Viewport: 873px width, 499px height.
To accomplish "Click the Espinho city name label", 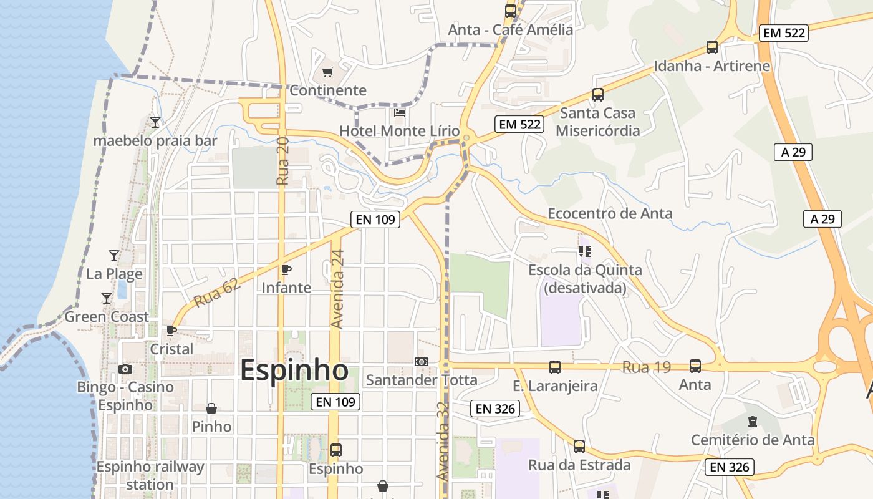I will [294, 370].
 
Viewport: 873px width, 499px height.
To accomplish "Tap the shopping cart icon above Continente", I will [328, 72].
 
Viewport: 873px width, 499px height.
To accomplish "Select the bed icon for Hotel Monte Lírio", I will [400, 113].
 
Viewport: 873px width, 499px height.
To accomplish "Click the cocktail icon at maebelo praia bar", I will [155, 122].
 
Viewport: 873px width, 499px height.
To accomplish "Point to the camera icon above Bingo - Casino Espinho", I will [125, 369].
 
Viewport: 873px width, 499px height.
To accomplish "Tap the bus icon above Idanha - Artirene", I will [712, 47].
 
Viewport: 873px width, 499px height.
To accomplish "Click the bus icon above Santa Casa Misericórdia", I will [598, 95].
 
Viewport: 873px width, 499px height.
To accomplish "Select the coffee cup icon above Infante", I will [286, 269].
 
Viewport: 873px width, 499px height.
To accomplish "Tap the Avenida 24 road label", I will [337, 289].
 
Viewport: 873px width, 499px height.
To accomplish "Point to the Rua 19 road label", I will [647, 367].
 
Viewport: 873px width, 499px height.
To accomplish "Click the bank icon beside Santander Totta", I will [422, 362].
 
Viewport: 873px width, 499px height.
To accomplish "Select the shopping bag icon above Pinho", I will [211, 409].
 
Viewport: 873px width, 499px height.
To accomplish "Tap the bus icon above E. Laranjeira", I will [555, 367].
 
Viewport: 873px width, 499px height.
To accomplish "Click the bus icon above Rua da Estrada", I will [579, 447].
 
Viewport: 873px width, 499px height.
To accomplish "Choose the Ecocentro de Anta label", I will [610, 213].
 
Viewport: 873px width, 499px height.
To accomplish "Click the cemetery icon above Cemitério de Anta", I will [753, 422].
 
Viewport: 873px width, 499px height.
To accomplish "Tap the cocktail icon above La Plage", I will [114, 255].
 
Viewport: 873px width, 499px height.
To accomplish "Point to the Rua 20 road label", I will [282, 161].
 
